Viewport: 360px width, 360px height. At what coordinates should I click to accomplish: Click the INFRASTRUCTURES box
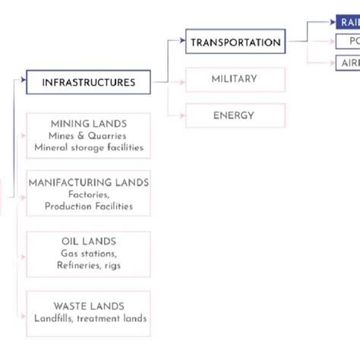[x=88, y=82]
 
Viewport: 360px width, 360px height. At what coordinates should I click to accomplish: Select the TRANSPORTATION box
[x=235, y=42]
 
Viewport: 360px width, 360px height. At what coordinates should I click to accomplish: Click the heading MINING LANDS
[x=88, y=123]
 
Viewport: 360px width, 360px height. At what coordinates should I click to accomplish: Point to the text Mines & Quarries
[x=88, y=135]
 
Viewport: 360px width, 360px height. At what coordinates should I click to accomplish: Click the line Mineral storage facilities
[x=88, y=147]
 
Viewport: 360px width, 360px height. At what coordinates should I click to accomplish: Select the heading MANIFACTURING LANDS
[x=88, y=182]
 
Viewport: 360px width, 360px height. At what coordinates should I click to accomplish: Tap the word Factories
[x=88, y=194]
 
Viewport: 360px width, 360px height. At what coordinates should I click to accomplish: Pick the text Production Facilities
[x=88, y=206]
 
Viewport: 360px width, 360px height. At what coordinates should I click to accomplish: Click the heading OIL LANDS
[x=88, y=241]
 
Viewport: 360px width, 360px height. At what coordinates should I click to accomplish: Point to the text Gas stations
[x=88, y=253]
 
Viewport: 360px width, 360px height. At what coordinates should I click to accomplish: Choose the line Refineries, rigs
[x=88, y=265]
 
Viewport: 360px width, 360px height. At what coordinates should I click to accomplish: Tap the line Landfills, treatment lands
[x=90, y=318]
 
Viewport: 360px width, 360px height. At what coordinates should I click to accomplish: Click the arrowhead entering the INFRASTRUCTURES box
[x=23, y=78]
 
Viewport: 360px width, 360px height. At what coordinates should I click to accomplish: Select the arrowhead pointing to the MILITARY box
[x=182, y=79]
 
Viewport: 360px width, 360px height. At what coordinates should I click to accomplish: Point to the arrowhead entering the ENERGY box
[x=182, y=115]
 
